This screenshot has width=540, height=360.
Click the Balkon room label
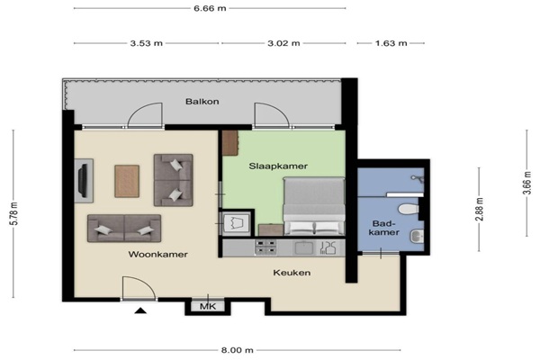coord(202,102)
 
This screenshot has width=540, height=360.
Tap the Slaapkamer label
coord(278,166)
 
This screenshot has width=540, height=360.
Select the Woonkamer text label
coord(158,255)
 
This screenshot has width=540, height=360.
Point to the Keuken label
coord(292,273)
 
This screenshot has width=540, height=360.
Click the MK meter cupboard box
coord(208,306)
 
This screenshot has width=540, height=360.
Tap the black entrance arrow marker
coord(140,310)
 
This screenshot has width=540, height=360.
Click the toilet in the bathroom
coord(409,209)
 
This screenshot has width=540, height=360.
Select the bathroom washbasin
coord(417,237)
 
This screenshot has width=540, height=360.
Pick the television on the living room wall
coord(83,181)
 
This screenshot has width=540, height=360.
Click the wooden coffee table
coord(127,181)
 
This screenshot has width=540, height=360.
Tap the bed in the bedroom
coord(314,206)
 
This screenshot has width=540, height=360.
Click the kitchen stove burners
coord(265,247)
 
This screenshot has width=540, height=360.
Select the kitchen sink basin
coord(303,247)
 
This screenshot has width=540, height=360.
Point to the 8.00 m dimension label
coord(238,350)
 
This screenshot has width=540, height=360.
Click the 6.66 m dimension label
coord(210,8)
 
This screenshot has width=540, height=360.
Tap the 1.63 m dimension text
coord(391,43)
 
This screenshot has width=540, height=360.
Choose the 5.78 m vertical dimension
coord(14,213)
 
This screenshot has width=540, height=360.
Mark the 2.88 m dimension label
coord(480,209)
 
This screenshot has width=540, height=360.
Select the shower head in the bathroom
coord(417,178)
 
